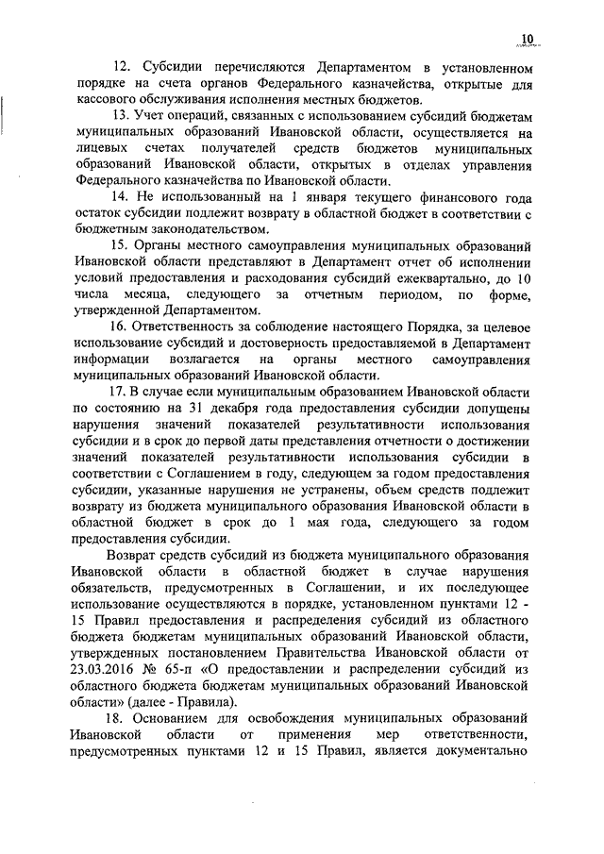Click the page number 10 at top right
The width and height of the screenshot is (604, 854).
coord(526,38)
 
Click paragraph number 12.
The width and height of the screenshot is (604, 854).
coord(120,68)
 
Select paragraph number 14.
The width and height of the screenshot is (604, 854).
coord(120,197)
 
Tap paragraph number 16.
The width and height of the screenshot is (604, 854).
coord(120,327)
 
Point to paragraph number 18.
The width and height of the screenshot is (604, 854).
coord(120,717)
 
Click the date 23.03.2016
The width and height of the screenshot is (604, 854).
coord(107,670)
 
